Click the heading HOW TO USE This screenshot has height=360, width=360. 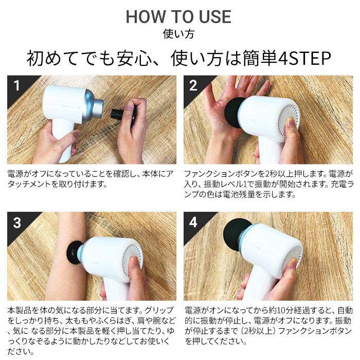pos(178,16)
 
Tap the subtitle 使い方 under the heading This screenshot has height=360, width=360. pos(178,34)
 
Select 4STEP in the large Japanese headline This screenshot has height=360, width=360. pos(304,58)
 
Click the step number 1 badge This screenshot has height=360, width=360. pos(16,85)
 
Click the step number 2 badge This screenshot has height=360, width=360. pos(193,85)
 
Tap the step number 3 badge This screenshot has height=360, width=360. pos(17,223)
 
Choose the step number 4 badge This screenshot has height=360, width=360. pos(193,223)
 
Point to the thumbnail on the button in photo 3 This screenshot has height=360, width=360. pos(135,261)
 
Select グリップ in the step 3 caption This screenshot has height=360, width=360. pos(158,311)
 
